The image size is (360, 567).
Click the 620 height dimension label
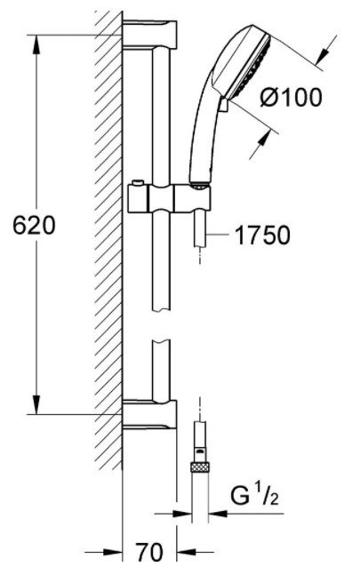click(x=34, y=225)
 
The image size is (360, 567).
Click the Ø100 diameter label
click(x=291, y=97)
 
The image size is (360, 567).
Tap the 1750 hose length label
click(x=262, y=235)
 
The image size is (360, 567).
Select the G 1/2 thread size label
click(x=254, y=496)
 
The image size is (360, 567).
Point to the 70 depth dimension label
click(x=149, y=552)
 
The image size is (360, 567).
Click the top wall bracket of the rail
click(x=150, y=35)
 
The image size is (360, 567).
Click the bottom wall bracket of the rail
click(x=150, y=413)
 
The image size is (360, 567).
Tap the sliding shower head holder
click(x=169, y=198)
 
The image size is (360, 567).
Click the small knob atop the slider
click(x=138, y=182)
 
